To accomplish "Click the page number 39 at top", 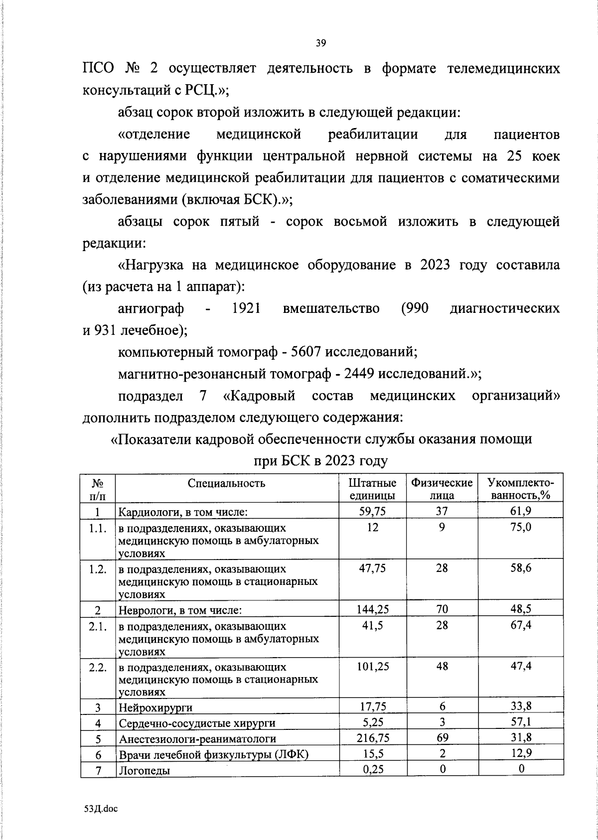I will [320, 43].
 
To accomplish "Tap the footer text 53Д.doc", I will [101, 809].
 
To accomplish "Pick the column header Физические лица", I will [442, 489].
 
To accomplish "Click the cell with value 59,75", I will [372, 511].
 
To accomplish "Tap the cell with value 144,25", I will [372, 609].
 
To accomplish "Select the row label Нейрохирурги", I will [155, 707].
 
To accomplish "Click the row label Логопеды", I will [144, 770].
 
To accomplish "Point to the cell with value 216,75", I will [372, 738].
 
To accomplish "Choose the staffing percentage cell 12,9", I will [521, 753].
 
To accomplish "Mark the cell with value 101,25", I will [372, 666].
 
